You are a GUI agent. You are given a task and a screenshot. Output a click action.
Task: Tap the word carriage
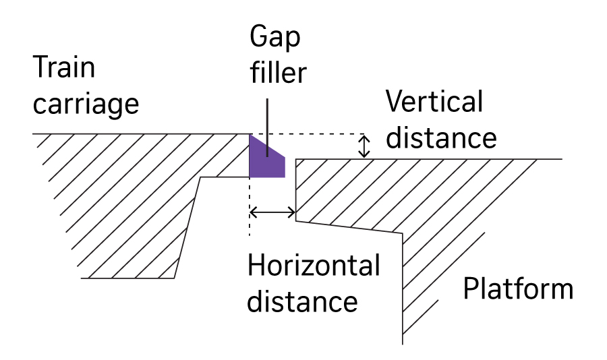pos(86,105)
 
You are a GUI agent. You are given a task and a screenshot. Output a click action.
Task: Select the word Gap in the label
pos(274,38)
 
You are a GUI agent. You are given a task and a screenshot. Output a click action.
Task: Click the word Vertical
pos(434,102)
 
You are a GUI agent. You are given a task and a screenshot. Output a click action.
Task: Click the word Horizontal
pos(314,266)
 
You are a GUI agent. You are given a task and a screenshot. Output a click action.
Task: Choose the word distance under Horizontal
pos(302,301)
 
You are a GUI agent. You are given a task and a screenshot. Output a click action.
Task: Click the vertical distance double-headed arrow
pos(365,146)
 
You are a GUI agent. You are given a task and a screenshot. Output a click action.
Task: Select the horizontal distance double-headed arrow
pos(272,213)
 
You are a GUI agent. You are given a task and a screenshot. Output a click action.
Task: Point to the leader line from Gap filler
pos(268,128)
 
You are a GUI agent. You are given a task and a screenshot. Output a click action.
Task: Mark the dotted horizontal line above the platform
pos(310,133)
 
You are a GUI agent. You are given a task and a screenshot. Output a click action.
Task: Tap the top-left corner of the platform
pos(296,159)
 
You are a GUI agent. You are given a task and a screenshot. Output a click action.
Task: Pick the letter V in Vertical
pos(395,102)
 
